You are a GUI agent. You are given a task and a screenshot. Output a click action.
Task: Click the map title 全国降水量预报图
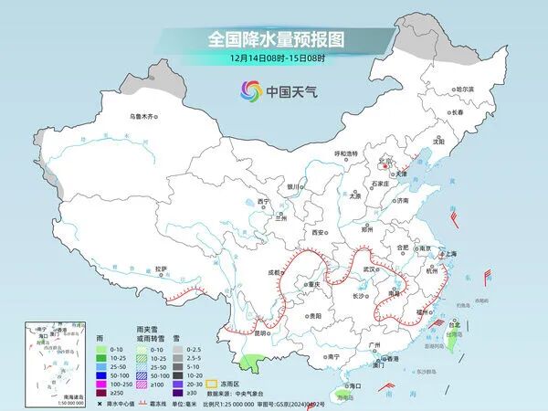click(274, 40)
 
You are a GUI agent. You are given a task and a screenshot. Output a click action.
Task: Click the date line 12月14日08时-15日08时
click(274, 59)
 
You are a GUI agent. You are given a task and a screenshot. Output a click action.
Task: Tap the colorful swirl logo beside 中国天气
click(250, 90)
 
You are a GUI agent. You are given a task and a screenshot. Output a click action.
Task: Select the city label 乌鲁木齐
click(143, 116)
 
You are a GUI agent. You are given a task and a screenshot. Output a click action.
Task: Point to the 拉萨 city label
click(161, 269)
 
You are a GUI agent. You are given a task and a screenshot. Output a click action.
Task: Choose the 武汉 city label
click(369, 269)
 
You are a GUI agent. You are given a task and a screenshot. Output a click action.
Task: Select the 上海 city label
click(448, 254)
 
